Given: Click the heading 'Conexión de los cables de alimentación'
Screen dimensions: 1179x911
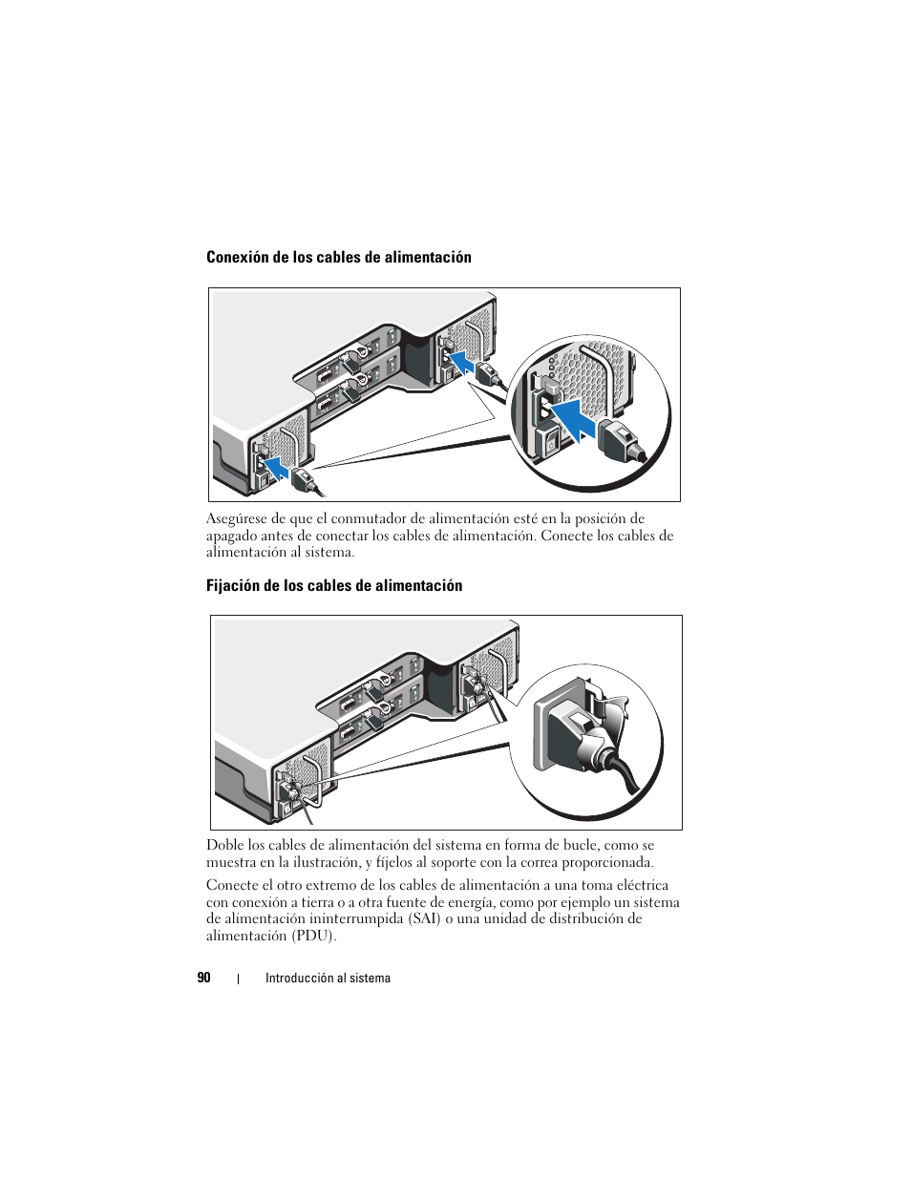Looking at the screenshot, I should point(338,257).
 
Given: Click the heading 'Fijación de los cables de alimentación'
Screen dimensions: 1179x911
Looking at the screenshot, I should point(333,585).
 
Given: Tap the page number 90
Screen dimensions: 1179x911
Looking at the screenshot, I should point(203,978).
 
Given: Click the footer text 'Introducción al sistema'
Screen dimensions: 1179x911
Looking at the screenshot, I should point(328,978).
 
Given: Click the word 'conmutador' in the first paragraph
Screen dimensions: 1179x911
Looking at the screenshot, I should point(368,519).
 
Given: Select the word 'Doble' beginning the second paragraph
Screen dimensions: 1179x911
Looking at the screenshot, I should point(224,845).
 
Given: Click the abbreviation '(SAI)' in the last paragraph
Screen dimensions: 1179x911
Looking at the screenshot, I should point(424,919).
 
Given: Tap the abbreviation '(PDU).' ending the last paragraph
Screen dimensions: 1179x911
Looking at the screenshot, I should point(314,936).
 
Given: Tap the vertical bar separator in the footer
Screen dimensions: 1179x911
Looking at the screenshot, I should point(238,978).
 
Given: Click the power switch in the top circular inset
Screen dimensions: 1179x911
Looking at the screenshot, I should point(551,442).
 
